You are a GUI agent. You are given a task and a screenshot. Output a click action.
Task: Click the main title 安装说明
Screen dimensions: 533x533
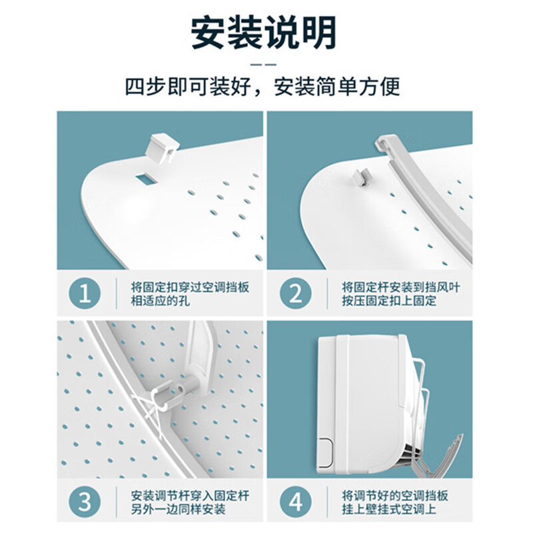coord(264,33)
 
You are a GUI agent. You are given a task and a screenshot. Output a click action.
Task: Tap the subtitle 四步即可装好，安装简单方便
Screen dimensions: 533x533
coord(263,87)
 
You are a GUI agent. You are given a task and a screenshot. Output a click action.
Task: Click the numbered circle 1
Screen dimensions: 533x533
coord(85,293)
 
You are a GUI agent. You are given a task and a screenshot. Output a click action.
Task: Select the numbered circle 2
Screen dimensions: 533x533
coord(295,293)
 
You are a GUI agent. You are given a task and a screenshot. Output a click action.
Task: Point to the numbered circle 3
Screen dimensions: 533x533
coord(85,502)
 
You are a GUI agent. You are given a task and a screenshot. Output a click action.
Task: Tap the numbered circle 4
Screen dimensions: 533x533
coord(295,502)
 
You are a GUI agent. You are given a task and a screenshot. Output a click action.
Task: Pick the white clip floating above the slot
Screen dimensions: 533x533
coord(162,149)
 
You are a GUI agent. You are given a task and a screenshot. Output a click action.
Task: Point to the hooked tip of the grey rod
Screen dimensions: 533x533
coord(381,143)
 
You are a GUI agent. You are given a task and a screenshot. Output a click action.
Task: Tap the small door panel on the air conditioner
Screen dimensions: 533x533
coord(324,452)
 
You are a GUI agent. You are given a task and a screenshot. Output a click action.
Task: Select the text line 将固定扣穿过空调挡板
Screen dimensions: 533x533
coord(190,287)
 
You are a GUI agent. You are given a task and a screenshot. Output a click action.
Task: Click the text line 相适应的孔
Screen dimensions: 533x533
coord(161,301)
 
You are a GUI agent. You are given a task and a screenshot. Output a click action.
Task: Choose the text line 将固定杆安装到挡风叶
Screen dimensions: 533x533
coord(401,287)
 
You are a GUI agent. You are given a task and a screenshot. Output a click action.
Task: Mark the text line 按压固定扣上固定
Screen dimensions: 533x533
coord(389,301)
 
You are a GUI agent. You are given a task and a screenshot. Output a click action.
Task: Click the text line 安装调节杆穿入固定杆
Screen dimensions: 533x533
coord(190,496)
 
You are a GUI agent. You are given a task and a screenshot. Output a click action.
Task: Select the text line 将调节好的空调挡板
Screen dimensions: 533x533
coord(395,496)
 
